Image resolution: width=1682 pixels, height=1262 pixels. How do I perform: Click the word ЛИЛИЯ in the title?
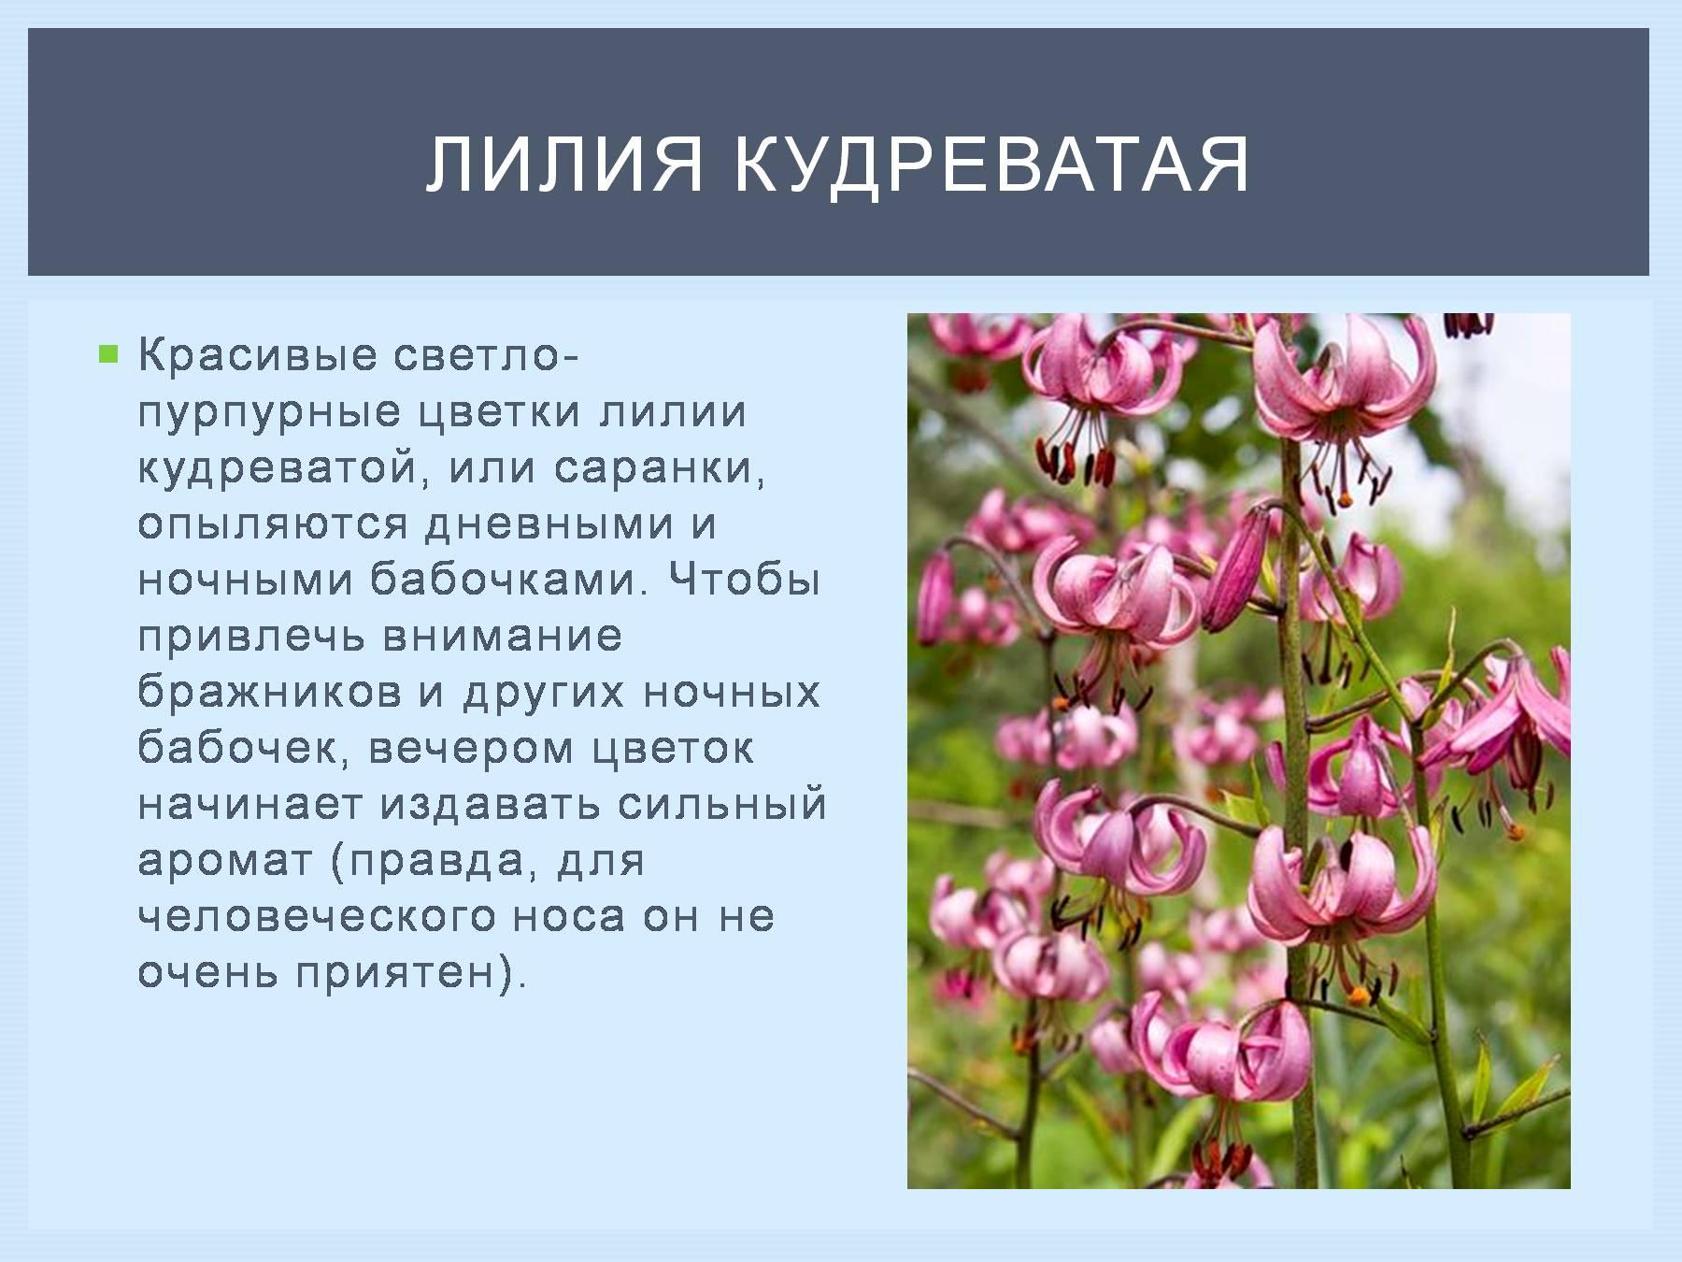coord(564,165)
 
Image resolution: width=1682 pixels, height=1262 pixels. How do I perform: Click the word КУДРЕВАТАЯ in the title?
coord(991,165)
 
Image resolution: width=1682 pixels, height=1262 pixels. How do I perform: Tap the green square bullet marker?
coord(109,354)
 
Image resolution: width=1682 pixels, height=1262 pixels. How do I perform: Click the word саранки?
coord(660,468)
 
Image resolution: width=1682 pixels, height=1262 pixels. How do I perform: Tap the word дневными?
coord(549,524)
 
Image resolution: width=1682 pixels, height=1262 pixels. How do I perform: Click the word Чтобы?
coord(745,580)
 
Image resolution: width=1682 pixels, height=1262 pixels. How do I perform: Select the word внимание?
coord(503,637)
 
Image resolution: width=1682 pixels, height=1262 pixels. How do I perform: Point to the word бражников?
coord(270,693)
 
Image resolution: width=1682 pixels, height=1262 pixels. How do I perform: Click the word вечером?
coord(471,749)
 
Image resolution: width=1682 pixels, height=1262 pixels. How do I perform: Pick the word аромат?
coord(225,861)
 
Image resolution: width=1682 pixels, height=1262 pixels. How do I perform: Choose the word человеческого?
coord(316,917)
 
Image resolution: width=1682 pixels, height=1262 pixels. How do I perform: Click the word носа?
coord(569,917)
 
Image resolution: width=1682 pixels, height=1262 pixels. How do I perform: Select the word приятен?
coord(396,973)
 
